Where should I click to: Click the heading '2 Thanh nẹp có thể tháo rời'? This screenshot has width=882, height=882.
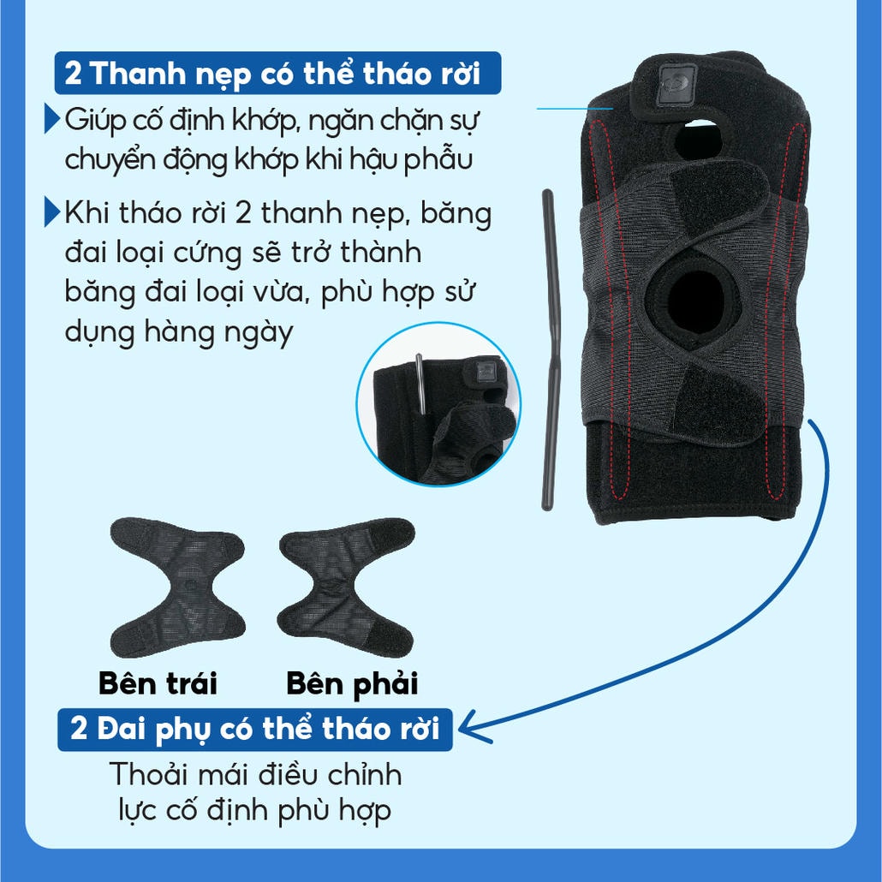[277, 73]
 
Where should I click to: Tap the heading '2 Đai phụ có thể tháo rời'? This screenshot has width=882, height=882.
[255, 729]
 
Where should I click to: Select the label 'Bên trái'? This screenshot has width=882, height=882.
[158, 683]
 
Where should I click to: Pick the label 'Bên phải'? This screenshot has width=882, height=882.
[352, 684]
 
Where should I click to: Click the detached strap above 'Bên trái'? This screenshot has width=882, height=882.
[178, 587]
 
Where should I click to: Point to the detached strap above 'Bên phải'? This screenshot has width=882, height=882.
[347, 587]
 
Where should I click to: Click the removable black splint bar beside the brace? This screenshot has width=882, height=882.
[551, 349]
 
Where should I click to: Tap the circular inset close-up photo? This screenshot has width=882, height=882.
[438, 404]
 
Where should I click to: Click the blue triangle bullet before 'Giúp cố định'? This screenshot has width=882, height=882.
[52, 119]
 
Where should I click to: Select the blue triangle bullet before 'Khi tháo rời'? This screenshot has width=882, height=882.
[52, 212]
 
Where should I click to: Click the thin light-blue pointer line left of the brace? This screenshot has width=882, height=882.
[575, 109]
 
